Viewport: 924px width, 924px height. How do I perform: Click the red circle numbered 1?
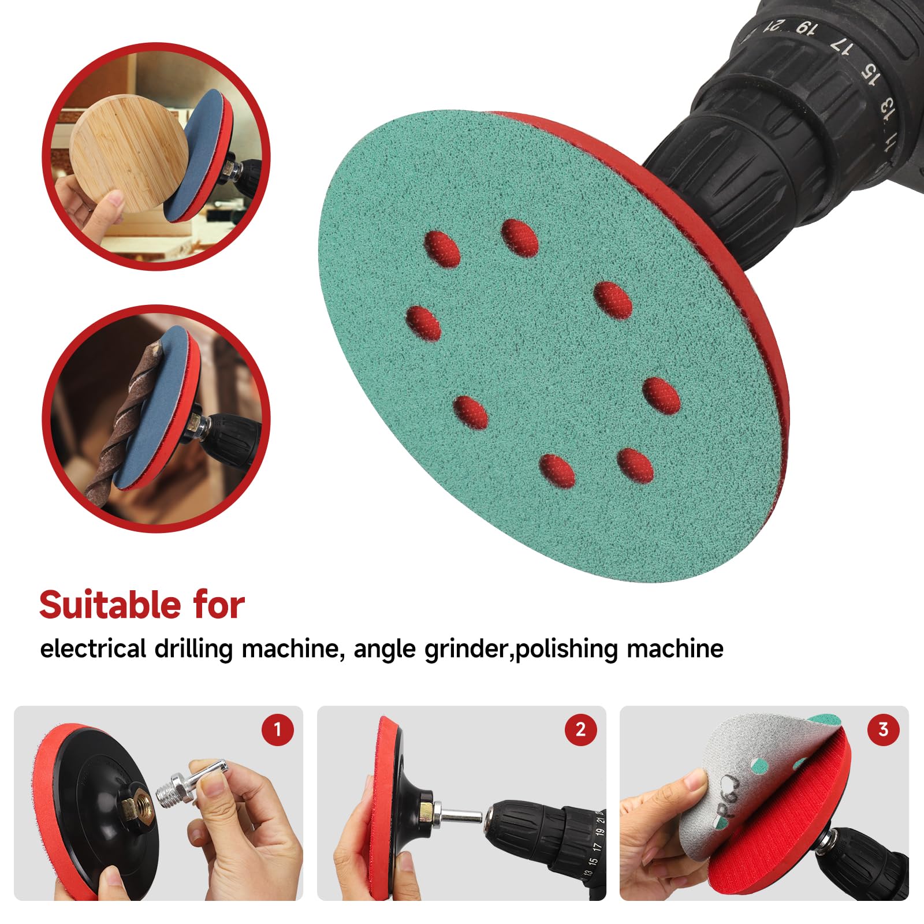click(277, 729)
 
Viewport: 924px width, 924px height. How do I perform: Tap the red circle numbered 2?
click(580, 729)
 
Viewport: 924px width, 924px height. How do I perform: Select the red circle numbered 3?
click(883, 729)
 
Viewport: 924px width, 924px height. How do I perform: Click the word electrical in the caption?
click(92, 649)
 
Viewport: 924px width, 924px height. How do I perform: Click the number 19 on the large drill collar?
click(806, 27)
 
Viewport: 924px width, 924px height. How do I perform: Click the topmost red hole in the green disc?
click(519, 237)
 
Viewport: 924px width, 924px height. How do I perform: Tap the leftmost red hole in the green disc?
click(423, 323)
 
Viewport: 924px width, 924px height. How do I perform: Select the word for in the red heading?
click(219, 605)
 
